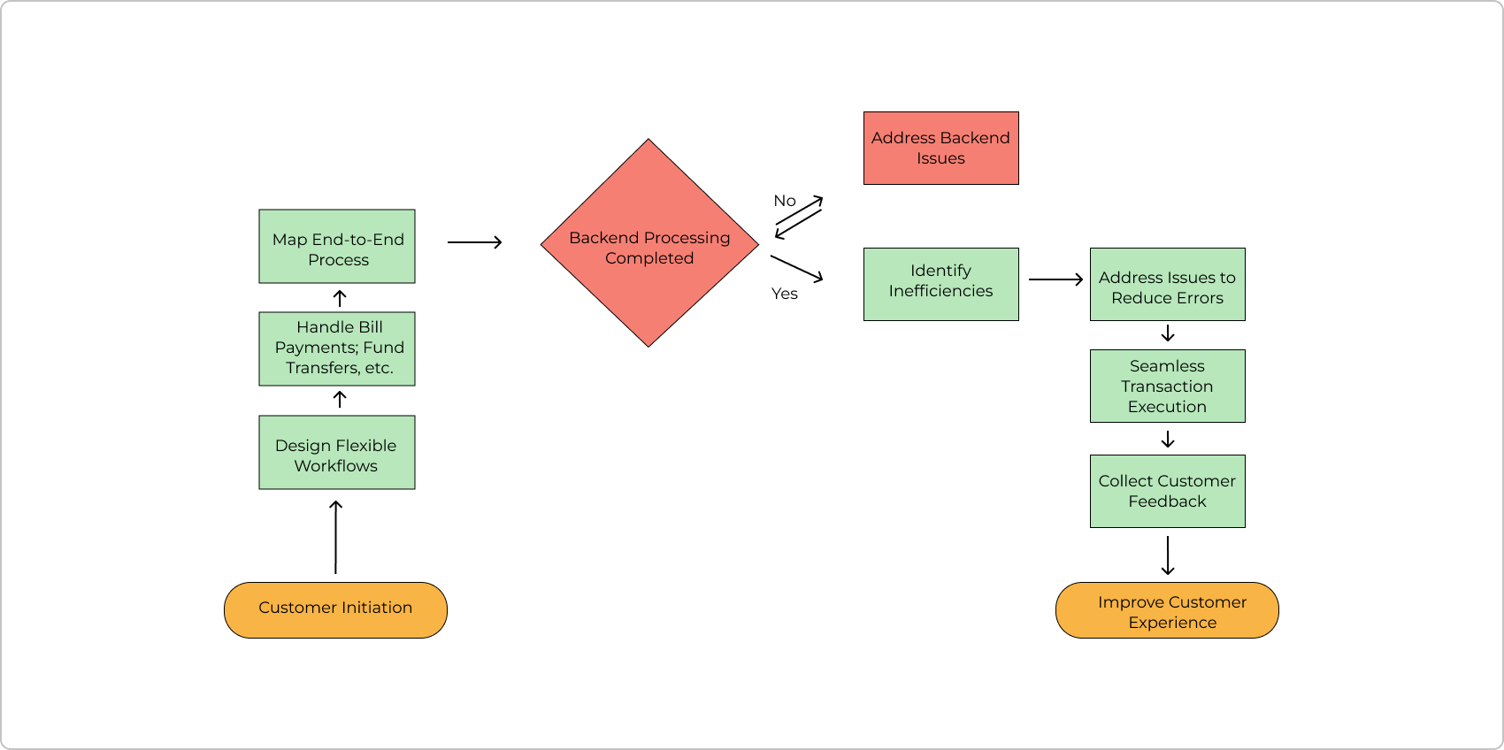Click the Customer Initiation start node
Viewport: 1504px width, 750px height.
coord(335,609)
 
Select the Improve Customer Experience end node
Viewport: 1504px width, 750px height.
coord(1167,610)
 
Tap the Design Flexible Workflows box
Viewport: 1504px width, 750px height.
coord(336,452)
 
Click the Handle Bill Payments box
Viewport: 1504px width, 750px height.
coord(336,348)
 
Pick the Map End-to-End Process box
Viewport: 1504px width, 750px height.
coord(336,246)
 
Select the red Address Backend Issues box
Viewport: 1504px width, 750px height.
coord(940,148)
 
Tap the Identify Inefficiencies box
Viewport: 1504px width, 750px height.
coord(940,284)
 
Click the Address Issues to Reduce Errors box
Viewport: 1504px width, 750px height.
coord(1167,284)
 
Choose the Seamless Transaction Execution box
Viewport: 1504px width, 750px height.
coord(1167,386)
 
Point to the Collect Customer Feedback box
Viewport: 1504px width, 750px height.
coord(1167,491)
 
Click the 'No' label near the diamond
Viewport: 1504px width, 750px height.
coord(785,201)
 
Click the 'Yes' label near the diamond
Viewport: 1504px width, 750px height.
coord(785,294)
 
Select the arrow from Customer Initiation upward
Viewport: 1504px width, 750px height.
coord(335,537)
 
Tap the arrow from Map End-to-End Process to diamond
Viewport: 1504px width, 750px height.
coord(475,242)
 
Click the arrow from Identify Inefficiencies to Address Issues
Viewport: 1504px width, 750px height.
coord(1055,279)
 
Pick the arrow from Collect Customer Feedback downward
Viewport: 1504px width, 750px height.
coord(1168,555)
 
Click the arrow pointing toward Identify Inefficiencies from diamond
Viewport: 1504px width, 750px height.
coord(797,268)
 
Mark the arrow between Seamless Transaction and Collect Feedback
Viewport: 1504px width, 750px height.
coord(1168,439)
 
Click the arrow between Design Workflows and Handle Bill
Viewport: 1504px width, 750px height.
coord(340,400)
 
